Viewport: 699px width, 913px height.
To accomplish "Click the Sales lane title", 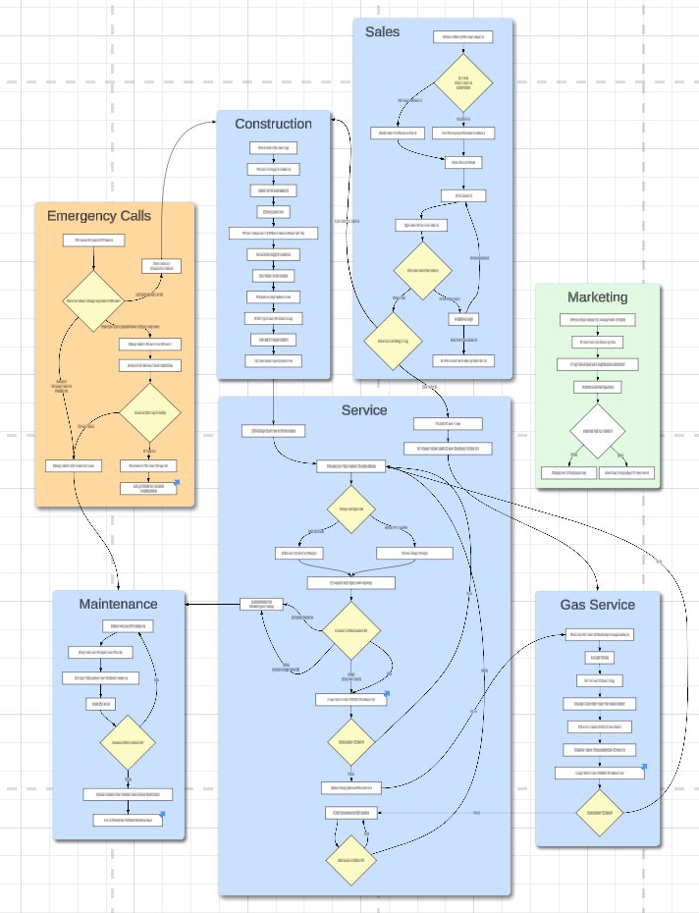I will pyautogui.click(x=382, y=32).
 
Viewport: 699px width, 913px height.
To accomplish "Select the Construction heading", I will pyautogui.click(x=273, y=124).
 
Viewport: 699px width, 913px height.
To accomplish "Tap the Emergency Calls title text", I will pyautogui.click(x=99, y=215).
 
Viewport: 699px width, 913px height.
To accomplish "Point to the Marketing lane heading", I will pyautogui.click(x=597, y=297).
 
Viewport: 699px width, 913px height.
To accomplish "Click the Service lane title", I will pyautogui.click(x=364, y=410).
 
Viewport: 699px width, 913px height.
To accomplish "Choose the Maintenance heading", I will pyautogui.click(x=118, y=604).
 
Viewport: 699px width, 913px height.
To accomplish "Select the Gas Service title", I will pyautogui.click(x=597, y=605).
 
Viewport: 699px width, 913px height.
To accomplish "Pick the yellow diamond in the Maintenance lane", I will pyautogui.click(x=129, y=744).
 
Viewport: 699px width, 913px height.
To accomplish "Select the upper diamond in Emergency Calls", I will pyautogui.click(x=93, y=301).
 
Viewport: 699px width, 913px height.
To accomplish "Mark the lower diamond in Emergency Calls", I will pyautogui.click(x=149, y=413).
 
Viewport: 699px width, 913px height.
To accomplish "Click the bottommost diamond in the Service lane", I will pyautogui.click(x=351, y=861).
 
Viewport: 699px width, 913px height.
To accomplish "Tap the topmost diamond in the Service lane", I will pyautogui.click(x=351, y=510).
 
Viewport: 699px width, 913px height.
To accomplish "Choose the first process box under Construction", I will pyautogui.click(x=273, y=149).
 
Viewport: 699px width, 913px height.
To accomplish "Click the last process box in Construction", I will pyautogui.click(x=273, y=361).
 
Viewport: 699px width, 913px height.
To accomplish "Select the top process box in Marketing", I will pyautogui.click(x=598, y=320).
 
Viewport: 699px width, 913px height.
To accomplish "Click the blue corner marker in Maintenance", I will pyautogui.click(x=162, y=814).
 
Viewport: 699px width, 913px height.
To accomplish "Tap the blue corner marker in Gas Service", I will pyautogui.click(x=644, y=767).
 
